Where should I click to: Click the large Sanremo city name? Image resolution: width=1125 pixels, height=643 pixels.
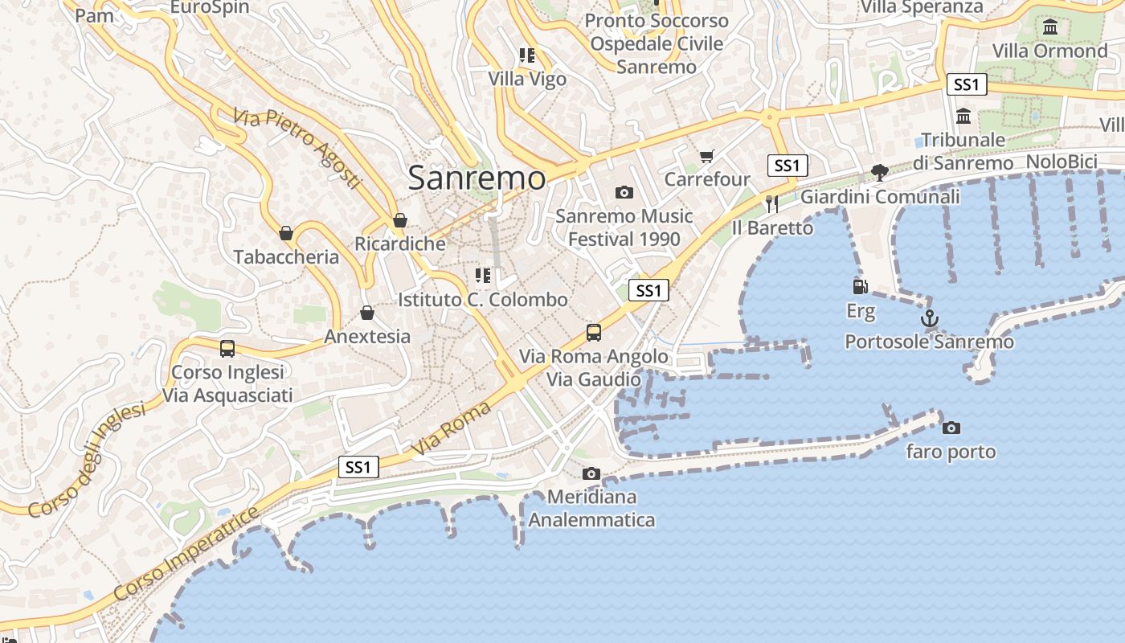(x=477, y=178)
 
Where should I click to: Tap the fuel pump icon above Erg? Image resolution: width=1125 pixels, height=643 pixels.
(x=860, y=286)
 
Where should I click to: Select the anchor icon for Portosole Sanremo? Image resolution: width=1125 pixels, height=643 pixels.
(x=929, y=318)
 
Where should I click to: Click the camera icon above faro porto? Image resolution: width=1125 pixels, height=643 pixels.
(x=951, y=428)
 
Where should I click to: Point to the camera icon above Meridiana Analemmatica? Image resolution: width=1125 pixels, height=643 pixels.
(x=591, y=473)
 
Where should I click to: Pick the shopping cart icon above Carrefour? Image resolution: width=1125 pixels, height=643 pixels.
(x=706, y=156)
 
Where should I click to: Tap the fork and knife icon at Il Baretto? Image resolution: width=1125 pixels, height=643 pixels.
(x=772, y=204)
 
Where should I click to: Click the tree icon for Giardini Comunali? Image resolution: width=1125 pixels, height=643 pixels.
(x=880, y=172)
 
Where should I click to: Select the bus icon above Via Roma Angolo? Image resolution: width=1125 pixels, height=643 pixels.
(x=594, y=332)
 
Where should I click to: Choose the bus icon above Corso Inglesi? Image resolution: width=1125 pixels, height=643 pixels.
(x=227, y=349)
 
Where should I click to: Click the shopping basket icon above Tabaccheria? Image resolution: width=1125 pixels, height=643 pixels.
(x=286, y=233)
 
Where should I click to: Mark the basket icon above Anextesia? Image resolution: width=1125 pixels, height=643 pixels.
(x=367, y=313)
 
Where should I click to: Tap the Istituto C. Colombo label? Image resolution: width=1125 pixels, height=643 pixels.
(x=483, y=300)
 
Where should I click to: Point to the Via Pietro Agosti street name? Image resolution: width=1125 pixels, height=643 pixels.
(x=297, y=149)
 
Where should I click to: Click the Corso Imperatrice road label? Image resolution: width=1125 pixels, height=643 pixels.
(x=186, y=554)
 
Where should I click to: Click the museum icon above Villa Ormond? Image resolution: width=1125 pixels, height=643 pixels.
(x=1049, y=27)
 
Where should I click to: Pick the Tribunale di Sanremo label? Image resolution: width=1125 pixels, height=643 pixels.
(x=963, y=151)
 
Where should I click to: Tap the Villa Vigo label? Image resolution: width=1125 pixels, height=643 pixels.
(x=527, y=79)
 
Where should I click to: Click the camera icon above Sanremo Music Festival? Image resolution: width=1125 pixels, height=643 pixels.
(x=624, y=192)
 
